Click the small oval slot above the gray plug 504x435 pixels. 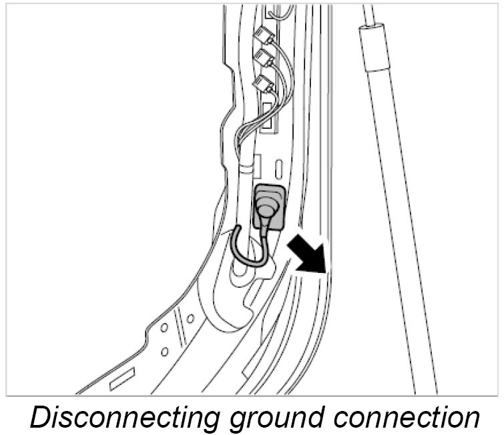[x=280, y=165]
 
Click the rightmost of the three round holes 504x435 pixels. [x=190, y=318]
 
